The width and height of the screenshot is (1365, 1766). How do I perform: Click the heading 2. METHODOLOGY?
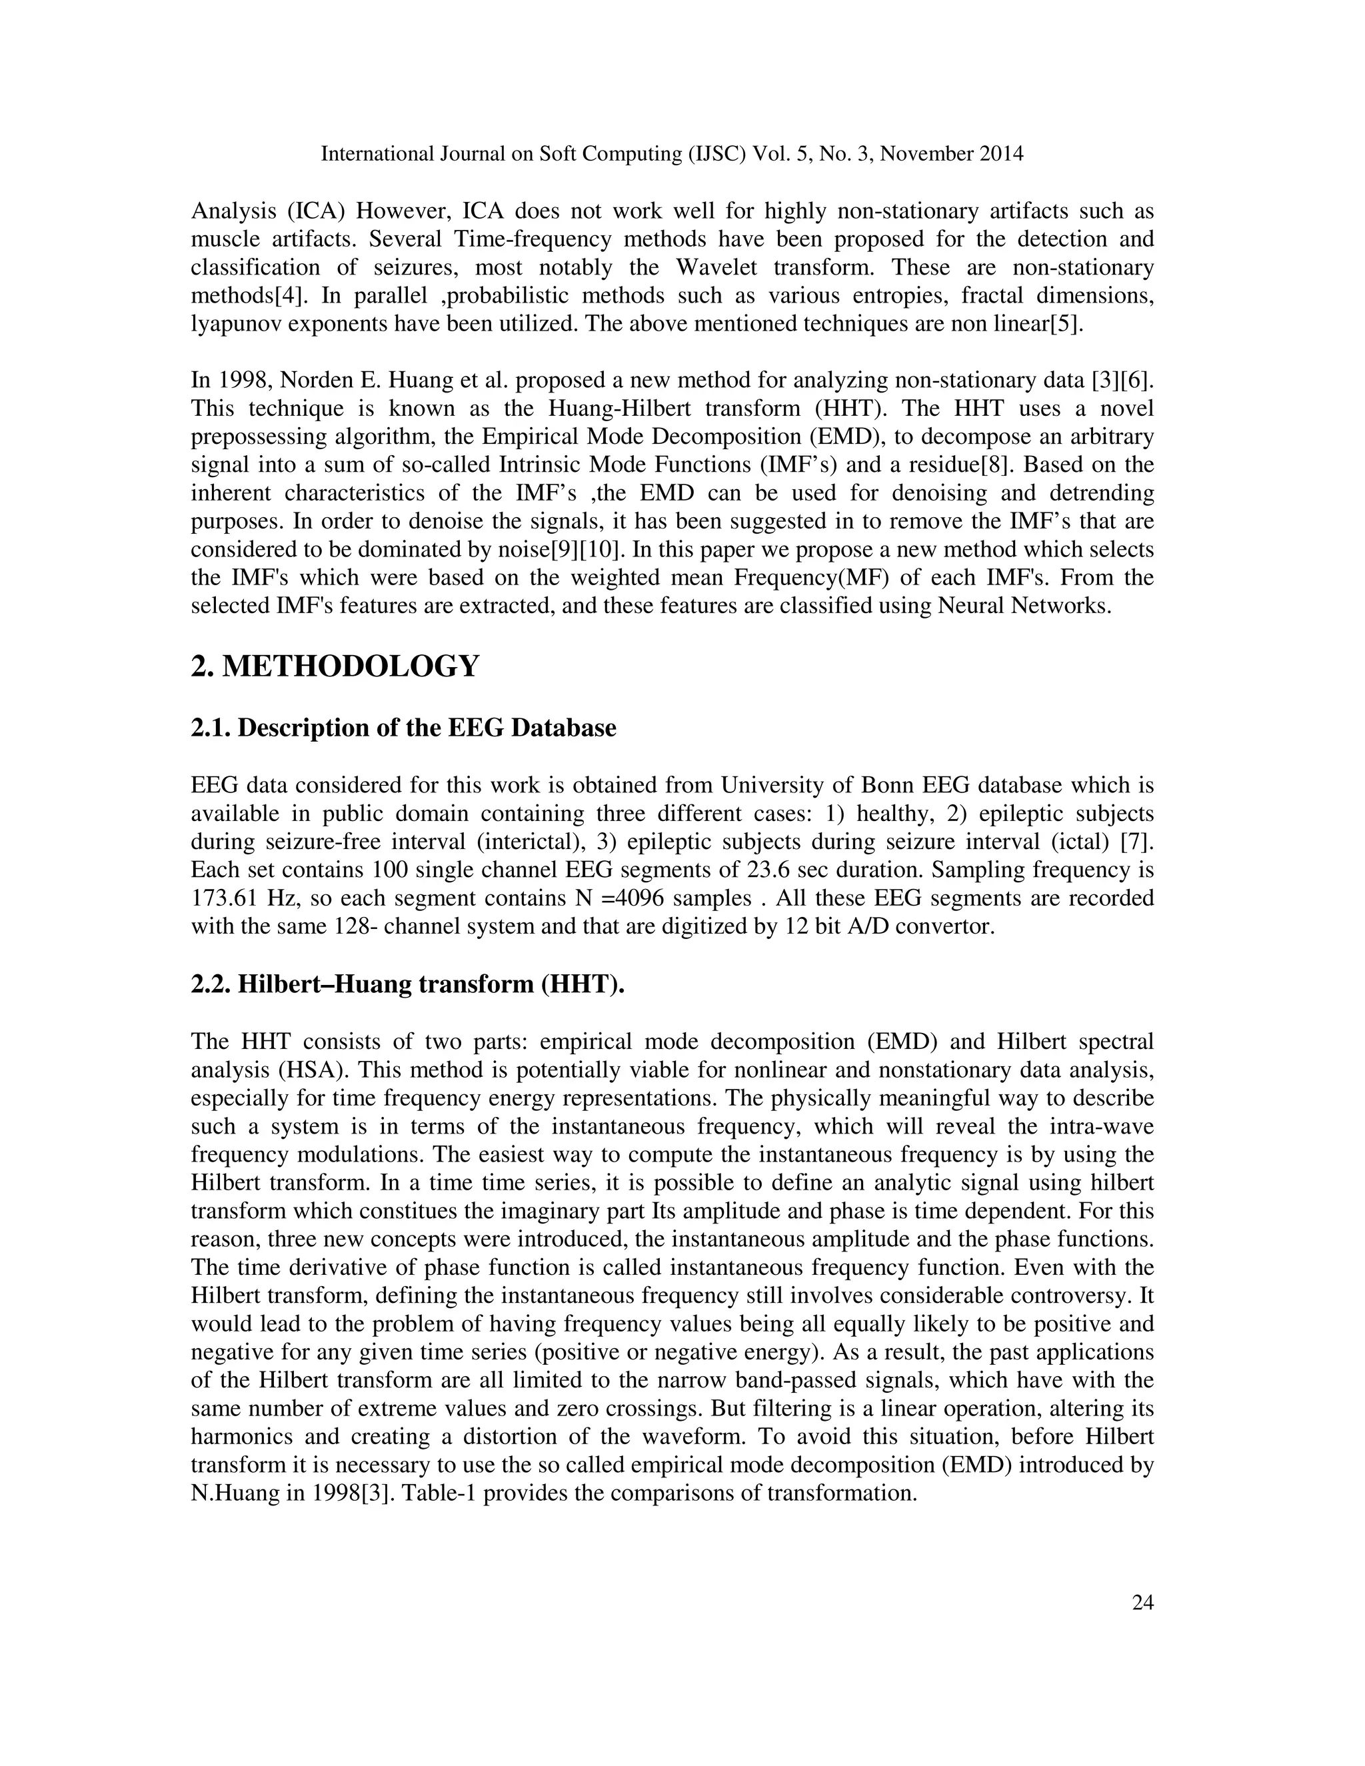(335, 666)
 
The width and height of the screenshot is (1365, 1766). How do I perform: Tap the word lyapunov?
(233, 325)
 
